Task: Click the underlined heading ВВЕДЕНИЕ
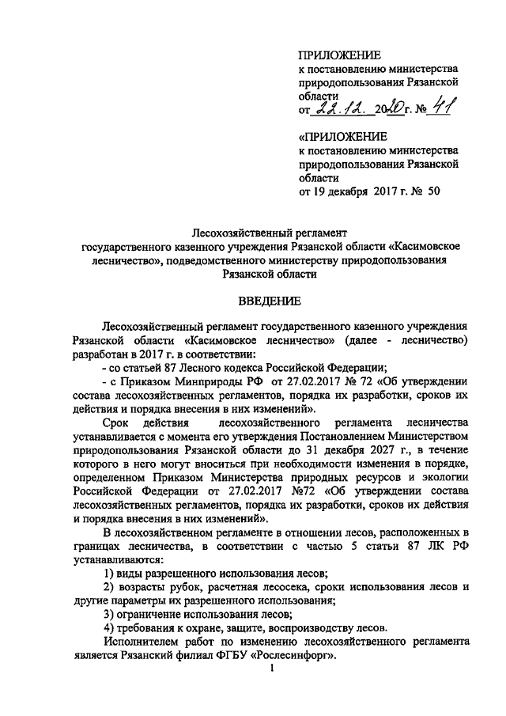[269, 301]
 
